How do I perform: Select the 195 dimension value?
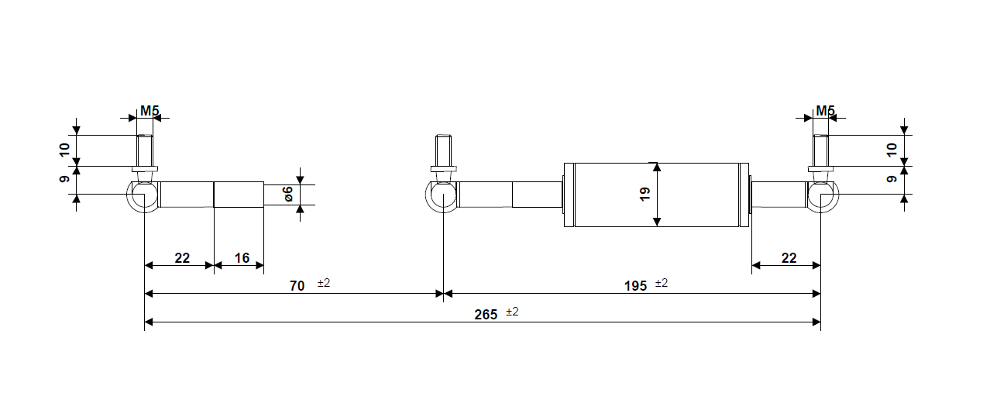point(635,286)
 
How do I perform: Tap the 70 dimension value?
point(297,286)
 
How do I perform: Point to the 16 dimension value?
point(242,258)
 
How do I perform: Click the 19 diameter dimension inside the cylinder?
point(645,195)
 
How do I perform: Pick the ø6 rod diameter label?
point(287,195)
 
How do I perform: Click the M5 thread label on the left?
point(150,111)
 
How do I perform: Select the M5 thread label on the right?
point(825,111)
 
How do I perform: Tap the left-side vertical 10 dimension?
point(65,149)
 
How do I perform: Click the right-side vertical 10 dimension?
point(892,149)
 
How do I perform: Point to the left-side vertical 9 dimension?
point(65,179)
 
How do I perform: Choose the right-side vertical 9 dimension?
point(892,179)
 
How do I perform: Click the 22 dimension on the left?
point(182,258)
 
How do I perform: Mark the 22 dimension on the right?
point(789,258)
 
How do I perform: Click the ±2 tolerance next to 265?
point(512,312)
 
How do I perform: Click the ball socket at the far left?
point(143,197)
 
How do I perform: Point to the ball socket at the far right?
point(821,197)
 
